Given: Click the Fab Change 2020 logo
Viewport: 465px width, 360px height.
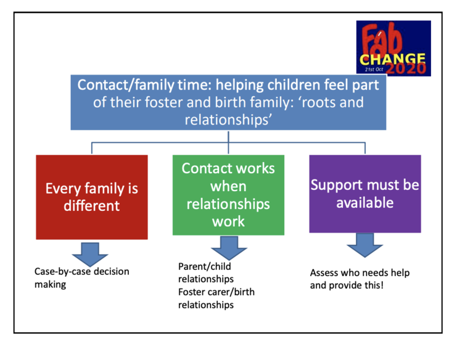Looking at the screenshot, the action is pyautogui.click(x=393, y=48).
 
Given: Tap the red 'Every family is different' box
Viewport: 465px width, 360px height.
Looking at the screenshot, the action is pyautogui.click(x=92, y=197).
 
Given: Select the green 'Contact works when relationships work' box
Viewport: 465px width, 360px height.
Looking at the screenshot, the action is pyautogui.click(x=228, y=195).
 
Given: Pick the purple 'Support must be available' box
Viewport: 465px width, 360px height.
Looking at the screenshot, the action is pyautogui.click(x=365, y=194).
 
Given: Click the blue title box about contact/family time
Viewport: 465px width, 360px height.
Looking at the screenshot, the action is pyautogui.click(x=228, y=102).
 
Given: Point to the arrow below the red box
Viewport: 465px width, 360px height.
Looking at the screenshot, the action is pyautogui.click(x=90, y=255).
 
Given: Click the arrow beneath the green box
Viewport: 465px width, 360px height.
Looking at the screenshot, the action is pyautogui.click(x=229, y=248).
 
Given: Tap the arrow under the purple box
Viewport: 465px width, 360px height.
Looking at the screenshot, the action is pyautogui.click(x=364, y=245).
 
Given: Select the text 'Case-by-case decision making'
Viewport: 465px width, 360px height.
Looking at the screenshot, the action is pyautogui.click(x=82, y=278).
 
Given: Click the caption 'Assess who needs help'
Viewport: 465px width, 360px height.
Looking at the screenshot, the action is pyautogui.click(x=360, y=272).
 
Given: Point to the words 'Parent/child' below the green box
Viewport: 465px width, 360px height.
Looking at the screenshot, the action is pyautogui.click(x=205, y=266).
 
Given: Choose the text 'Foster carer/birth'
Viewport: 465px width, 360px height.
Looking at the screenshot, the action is pyautogui.click(x=216, y=292).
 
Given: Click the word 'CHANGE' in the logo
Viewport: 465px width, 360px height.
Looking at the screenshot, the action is pyautogui.click(x=393, y=59).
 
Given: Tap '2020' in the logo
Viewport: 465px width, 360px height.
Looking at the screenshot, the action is pyautogui.click(x=406, y=68).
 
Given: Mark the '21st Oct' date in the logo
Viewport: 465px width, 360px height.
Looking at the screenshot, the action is pyautogui.click(x=374, y=70).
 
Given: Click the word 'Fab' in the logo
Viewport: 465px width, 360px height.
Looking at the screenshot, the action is pyautogui.click(x=382, y=39).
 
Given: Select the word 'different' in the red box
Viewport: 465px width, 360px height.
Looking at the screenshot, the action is pyautogui.click(x=92, y=206).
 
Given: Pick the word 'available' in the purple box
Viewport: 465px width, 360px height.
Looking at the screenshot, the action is pyautogui.click(x=365, y=203).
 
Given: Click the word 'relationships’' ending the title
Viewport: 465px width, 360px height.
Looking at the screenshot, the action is pyautogui.click(x=228, y=120).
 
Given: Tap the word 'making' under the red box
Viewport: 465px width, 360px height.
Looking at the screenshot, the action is pyautogui.click(x=51, y=285).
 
